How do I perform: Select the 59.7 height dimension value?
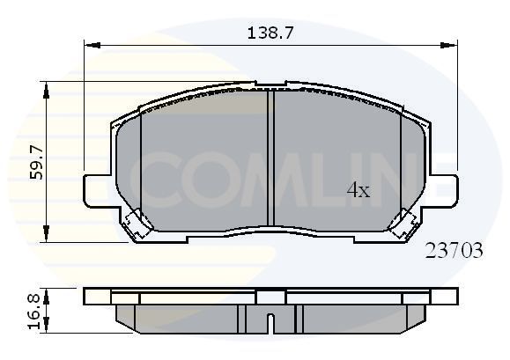click(36, 162)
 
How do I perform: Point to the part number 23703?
click(454, 250)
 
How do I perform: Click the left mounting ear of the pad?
click(97, 188)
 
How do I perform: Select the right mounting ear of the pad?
click(446, 188)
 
